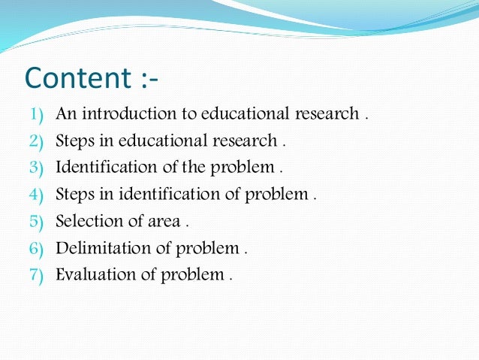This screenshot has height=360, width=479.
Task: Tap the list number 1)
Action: (38, 114)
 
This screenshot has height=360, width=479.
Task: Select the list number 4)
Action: (38, 194)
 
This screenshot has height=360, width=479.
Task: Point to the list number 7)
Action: (38, 274)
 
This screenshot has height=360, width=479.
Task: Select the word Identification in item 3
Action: (102, 167)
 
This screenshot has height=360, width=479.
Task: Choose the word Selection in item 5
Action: (86, 221)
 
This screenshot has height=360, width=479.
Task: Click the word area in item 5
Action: (164, 222)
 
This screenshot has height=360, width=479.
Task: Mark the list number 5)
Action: (38, 221)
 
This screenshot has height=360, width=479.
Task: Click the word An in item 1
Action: (65, 114)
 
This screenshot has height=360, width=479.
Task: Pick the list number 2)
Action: (38, 141)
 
